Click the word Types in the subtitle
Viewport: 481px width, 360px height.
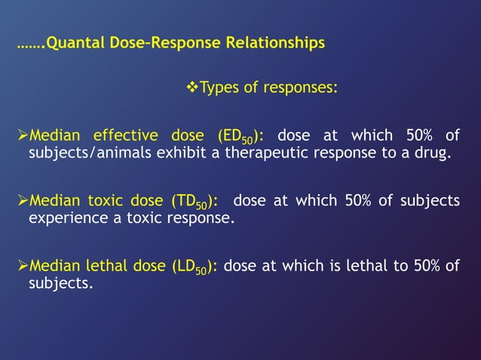219,89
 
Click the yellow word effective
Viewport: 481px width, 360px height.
126,136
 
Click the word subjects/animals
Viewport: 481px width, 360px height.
78,154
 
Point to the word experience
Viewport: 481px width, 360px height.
63,219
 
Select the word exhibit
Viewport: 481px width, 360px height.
158,154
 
